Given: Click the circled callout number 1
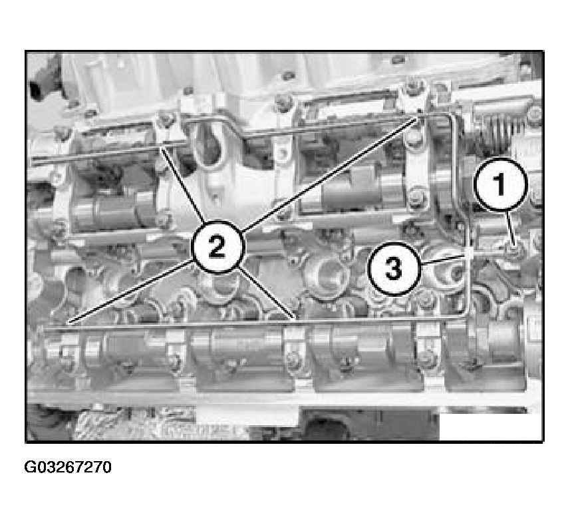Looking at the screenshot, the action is (501, 184).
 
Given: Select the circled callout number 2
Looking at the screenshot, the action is (217, 247).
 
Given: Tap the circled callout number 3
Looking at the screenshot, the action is (394, 268).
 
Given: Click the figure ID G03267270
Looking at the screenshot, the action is (68, 467).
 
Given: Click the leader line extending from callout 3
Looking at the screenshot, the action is (443, 259).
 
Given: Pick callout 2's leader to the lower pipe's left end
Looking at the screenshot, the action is (131, 291).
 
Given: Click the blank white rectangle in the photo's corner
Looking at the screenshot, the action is (491, 427).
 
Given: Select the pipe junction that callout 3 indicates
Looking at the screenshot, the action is (469, 253).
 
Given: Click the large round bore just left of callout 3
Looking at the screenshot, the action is (329, 275).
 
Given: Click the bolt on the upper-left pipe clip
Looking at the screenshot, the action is (166, 119).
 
